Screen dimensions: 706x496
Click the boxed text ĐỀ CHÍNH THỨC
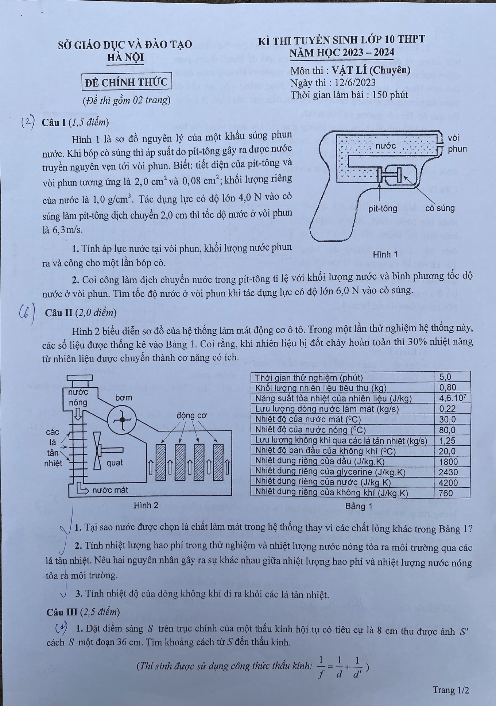(126, 83)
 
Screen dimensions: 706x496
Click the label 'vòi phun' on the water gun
(457, 143)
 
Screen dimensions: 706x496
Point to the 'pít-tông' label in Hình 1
(383, 208)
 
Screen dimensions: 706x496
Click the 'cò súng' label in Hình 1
(440, 208)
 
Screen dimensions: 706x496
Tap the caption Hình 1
(385, 254)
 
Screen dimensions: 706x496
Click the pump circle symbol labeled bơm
(123, 420)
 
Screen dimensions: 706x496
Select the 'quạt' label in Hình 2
(115, 463)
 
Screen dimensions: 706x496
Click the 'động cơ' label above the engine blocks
(191, 415)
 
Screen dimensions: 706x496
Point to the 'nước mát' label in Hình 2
(110, 490)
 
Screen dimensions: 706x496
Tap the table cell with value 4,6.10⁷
(452, 398)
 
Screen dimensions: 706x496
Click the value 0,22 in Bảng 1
(447, 408)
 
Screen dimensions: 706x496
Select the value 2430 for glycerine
(448, 472)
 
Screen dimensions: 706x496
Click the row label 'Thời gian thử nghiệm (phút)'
(309, 377)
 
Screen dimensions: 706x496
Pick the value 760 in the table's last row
(446, 493)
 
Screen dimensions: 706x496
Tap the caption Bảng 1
(359, 506)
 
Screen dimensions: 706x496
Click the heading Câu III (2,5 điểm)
(83, 612)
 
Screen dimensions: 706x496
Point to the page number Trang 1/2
(450, 690)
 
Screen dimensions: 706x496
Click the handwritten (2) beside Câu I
(28, 122)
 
